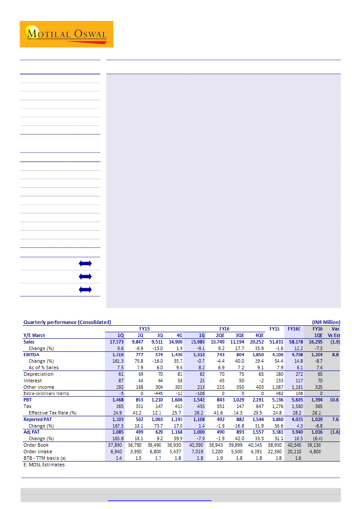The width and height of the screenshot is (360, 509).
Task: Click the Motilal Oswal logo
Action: pos(66,34)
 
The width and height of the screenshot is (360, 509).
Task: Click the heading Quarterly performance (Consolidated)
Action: pos(67,322)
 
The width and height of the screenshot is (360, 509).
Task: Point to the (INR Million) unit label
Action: pos(326,322)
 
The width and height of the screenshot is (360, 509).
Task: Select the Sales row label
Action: pos(29,342)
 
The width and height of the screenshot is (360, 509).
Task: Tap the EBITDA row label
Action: pos(32,355)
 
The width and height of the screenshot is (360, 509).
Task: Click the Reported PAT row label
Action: pos(39,419)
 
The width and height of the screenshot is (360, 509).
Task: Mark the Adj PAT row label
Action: pos(33,432)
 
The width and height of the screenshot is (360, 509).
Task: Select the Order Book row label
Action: pos(36,445)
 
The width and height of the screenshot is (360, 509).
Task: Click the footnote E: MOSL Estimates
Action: pos(44,465)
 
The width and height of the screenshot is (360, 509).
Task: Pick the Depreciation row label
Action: pos(39,374)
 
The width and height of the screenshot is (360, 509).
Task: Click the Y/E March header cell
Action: pos(34,335)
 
